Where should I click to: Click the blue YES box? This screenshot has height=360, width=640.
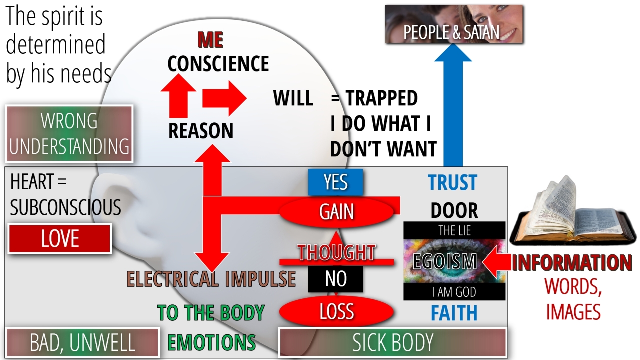pyautogui.click(x=335, y=182)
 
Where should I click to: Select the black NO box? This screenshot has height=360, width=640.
pyautogui.click(x=335, y=279)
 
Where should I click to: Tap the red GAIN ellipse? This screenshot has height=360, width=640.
pyautogui.click(x=336, y=212)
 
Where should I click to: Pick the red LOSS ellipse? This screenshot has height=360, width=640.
pyautogui.click(x=336, y=311)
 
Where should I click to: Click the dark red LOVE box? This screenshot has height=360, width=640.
pyautogui.click(x=60, y=239)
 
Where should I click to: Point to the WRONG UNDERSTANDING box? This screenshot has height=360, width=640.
pyautogui.click(x=69, y=133)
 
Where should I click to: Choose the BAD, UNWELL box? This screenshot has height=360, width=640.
pyautogui.click(x=82, y=343)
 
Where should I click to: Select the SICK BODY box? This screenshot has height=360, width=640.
pyautogui.click(x=392, y=343)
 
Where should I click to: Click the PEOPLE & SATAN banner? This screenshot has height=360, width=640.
pyautogui.click(x=454, y=25)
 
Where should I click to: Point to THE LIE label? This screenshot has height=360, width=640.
pyautogui.click(x=454, y=231)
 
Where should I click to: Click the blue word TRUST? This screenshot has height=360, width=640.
pyautogui.click(x=452, y=183)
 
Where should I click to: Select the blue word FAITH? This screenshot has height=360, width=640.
pyautogui.click(x=454, y=313)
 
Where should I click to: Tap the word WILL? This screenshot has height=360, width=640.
pyautogui.click(x=293, y=99)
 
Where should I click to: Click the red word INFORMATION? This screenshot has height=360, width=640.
pyautogui.click(x=571, y=263)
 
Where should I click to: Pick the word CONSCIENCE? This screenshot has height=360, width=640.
pyautogui.click(x=218, y=63)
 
